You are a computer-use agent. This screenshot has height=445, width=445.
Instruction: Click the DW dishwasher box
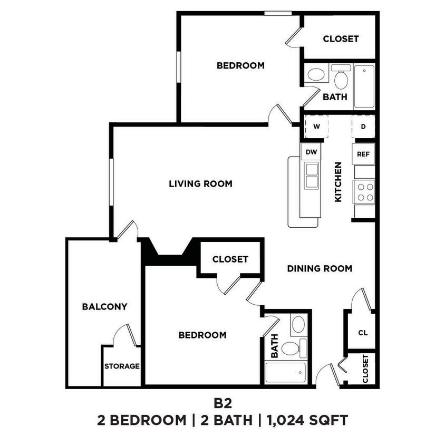[x=311, y=152]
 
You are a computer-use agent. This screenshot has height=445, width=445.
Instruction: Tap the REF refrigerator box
[x=364, y=154]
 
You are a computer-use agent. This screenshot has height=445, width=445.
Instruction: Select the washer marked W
[x=317, y=127]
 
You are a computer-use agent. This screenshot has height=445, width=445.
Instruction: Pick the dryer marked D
[x=363, y=127]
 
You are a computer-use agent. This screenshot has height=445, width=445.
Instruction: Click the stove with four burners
[x=364, y=191]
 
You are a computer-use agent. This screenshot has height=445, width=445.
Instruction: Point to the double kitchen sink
[x=311, y=175]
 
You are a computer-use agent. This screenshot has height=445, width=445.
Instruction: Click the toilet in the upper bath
[x=341, y=79]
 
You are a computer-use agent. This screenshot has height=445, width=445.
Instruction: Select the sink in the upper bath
[x=316, y=74]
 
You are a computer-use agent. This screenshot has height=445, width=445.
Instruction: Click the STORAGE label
[x=122, y=366]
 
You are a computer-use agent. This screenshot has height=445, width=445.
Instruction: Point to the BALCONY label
[x=104, y=306]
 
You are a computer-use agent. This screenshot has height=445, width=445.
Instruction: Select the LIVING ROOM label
[x=200, y=184]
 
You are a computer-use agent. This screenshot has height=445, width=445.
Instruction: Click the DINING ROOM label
[x=320, y=268]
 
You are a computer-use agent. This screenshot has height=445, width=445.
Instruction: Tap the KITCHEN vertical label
[x=338, y=182]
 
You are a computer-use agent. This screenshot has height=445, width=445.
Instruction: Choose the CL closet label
[x=363, y=333]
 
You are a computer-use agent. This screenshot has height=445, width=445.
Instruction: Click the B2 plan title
[x=222, y=403]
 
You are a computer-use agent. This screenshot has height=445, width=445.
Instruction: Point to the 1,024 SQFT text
[x=308, y=420]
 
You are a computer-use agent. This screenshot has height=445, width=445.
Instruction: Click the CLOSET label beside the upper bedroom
[x=341, y=39]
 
